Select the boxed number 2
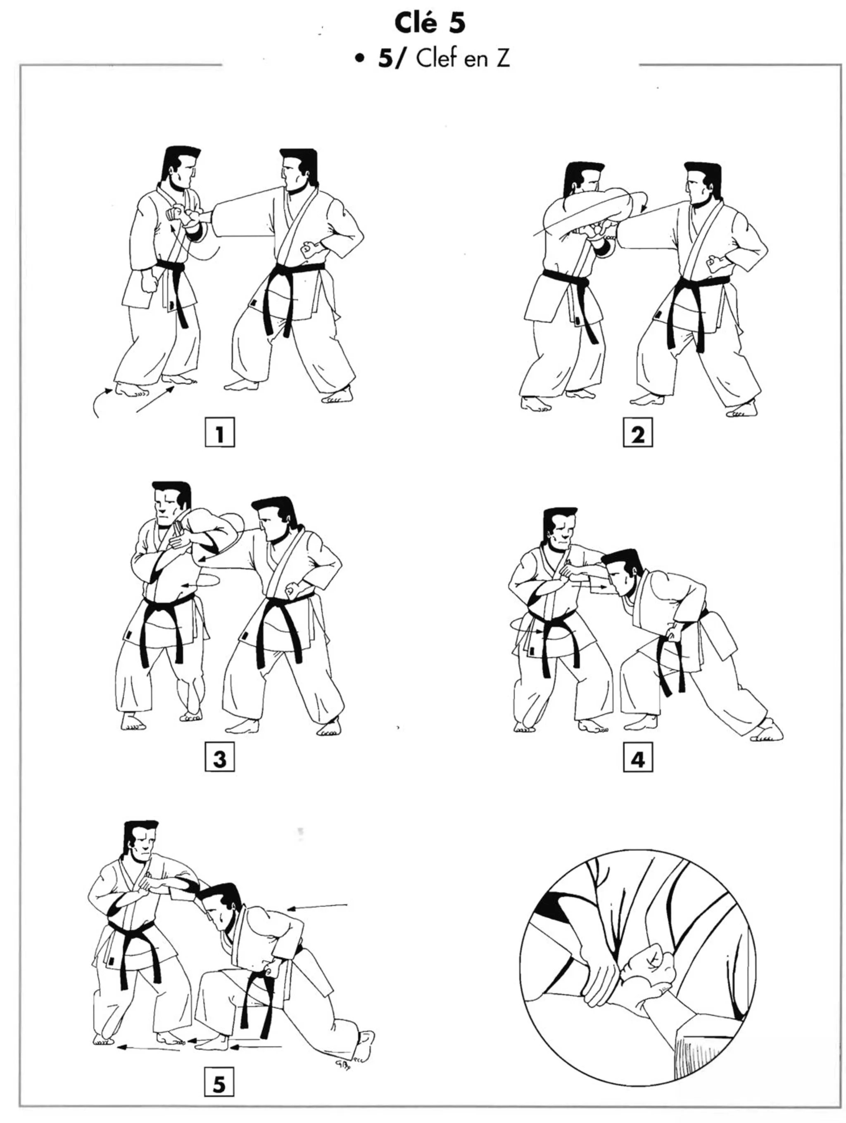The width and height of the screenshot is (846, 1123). point(637,433)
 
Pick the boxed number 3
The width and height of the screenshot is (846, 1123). point(219,758)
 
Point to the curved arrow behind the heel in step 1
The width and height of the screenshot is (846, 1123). point(100,401)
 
